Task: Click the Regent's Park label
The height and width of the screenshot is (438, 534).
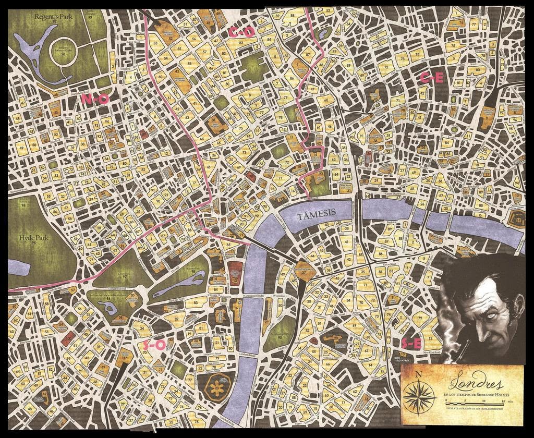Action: tap(54, 16)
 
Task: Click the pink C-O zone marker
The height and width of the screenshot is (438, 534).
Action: tap(241, 32)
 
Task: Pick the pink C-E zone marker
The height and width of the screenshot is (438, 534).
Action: tap(432, 78)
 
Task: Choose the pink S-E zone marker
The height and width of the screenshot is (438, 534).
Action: tap(411, 343)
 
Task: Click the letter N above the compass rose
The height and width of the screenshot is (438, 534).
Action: tap(419, 374)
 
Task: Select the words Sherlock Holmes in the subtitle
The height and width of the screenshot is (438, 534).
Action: tap(488, 393)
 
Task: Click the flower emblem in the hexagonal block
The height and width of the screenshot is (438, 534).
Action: tap(215, 386)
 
